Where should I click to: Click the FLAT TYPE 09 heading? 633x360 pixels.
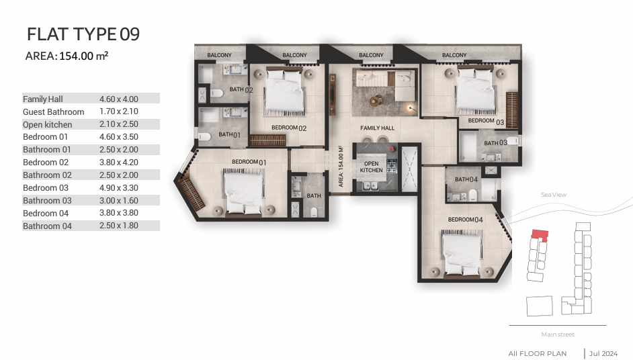click(x=83, y=34)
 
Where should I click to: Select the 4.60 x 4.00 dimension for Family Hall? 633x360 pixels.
click(x=119, y=99)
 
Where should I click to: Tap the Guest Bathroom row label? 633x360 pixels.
click(x=53, y=111)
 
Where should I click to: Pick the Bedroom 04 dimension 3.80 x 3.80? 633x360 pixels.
click(x=119, y=213)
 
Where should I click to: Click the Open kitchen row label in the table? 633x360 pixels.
click(x=47, y=125)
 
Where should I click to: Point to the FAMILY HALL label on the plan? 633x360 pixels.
click(x=377, y=128)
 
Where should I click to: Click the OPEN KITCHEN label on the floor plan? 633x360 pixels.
click(x=371, y=167)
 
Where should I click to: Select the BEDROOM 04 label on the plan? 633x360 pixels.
click(x=465, y=220)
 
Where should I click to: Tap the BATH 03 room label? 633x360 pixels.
click(x=495, y=143)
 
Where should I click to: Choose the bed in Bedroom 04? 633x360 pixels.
click(x=462, y=253)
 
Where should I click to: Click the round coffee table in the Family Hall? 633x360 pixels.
click(x=377, y=100)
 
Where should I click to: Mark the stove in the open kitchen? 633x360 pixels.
click(x=392, y=166)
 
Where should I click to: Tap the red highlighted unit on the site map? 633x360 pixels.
click(x=540, y=235)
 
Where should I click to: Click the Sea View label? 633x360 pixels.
click(x=554, y=195)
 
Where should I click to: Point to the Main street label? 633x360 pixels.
click(x=558, y=334)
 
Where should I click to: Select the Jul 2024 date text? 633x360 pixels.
click(x=603, y=353)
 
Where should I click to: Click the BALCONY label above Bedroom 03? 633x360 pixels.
click(x=454, y=55)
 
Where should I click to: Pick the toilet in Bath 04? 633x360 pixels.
click(x=472, y=195)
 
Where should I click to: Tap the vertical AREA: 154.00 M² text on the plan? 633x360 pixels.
click(x=341, y=167)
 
